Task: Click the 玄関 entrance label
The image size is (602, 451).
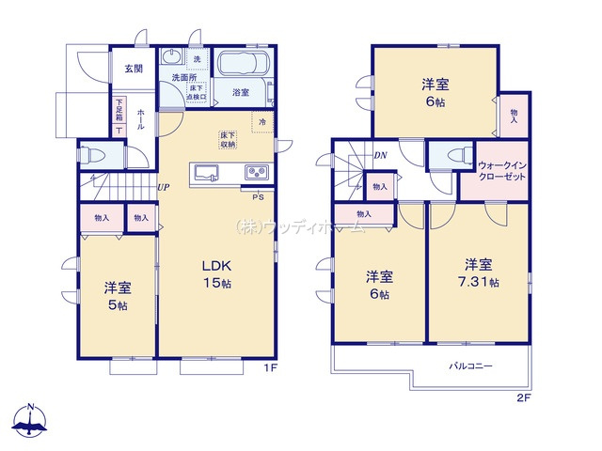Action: click(133, 69)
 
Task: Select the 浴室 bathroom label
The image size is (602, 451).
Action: click(241, 92)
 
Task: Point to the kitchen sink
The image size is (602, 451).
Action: click(206, 172)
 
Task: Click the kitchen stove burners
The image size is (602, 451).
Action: click(257, 172)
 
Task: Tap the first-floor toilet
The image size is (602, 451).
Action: click(93, 154)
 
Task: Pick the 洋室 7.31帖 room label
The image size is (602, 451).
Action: click(479, 272)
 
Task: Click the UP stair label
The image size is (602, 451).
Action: click(164, 186)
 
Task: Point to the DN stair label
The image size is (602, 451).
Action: click(380, 155)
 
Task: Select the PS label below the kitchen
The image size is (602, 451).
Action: click(257, 197)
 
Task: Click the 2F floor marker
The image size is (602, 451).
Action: click(525, 397)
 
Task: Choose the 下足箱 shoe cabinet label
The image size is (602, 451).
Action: click(119, 115)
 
